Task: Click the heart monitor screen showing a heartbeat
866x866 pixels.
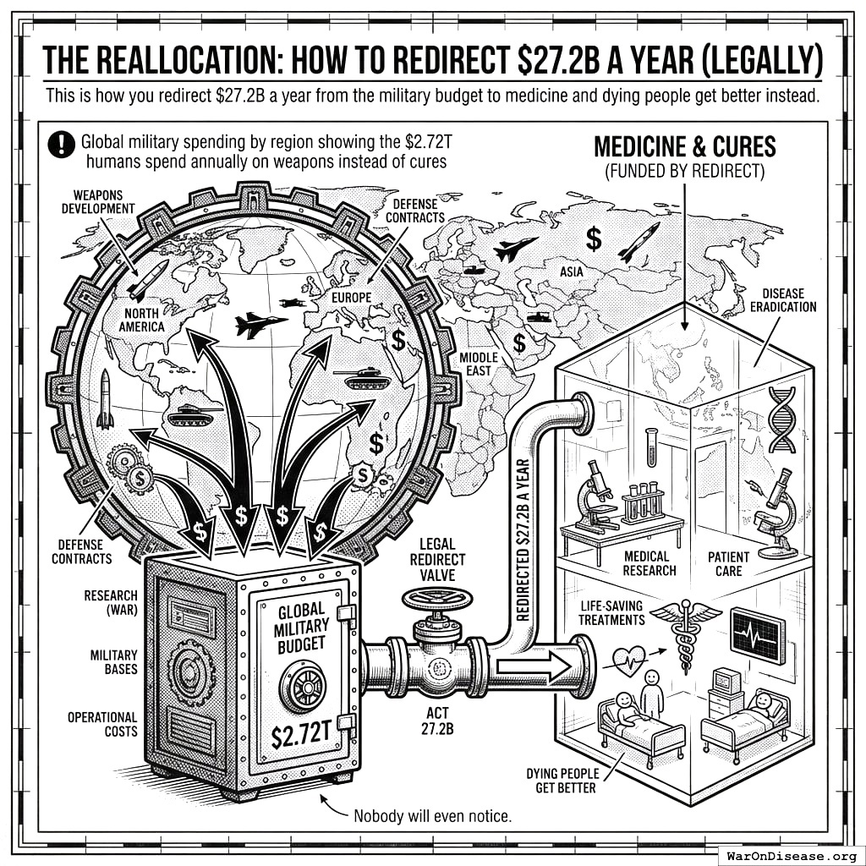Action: point(757,634)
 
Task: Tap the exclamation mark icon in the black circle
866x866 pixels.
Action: point(63,145)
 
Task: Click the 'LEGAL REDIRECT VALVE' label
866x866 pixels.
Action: point(436,559)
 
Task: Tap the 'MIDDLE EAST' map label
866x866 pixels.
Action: point(479,364)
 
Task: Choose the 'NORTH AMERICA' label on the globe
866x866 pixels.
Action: point(141,320)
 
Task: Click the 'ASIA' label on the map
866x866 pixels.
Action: point(572,271)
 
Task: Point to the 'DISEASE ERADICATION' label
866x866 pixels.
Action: point(783,300)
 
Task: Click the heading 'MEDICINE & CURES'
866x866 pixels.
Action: point(684,146)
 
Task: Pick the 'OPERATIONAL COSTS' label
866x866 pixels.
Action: point(102,724)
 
